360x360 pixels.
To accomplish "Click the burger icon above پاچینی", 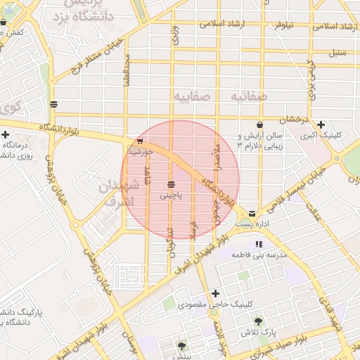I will point(171,184).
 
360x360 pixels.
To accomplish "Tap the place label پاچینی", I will point(171,196).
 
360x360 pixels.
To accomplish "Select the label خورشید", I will point(141,151).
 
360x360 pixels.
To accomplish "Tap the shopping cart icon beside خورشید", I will point(140,141).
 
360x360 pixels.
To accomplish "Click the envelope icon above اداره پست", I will point(252,212).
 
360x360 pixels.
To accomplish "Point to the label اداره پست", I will point(252,224).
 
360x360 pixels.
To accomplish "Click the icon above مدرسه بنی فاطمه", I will point(269,244).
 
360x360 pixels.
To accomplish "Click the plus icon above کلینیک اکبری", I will point(321,125).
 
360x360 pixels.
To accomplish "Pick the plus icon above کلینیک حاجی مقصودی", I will point(215,293).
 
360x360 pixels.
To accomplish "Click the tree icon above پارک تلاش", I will point(258,321).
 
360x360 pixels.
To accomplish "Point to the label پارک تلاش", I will point(257,332).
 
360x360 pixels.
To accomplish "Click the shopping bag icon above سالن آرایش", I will point(259,124).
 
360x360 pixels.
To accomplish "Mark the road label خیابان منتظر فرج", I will point(98,56).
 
